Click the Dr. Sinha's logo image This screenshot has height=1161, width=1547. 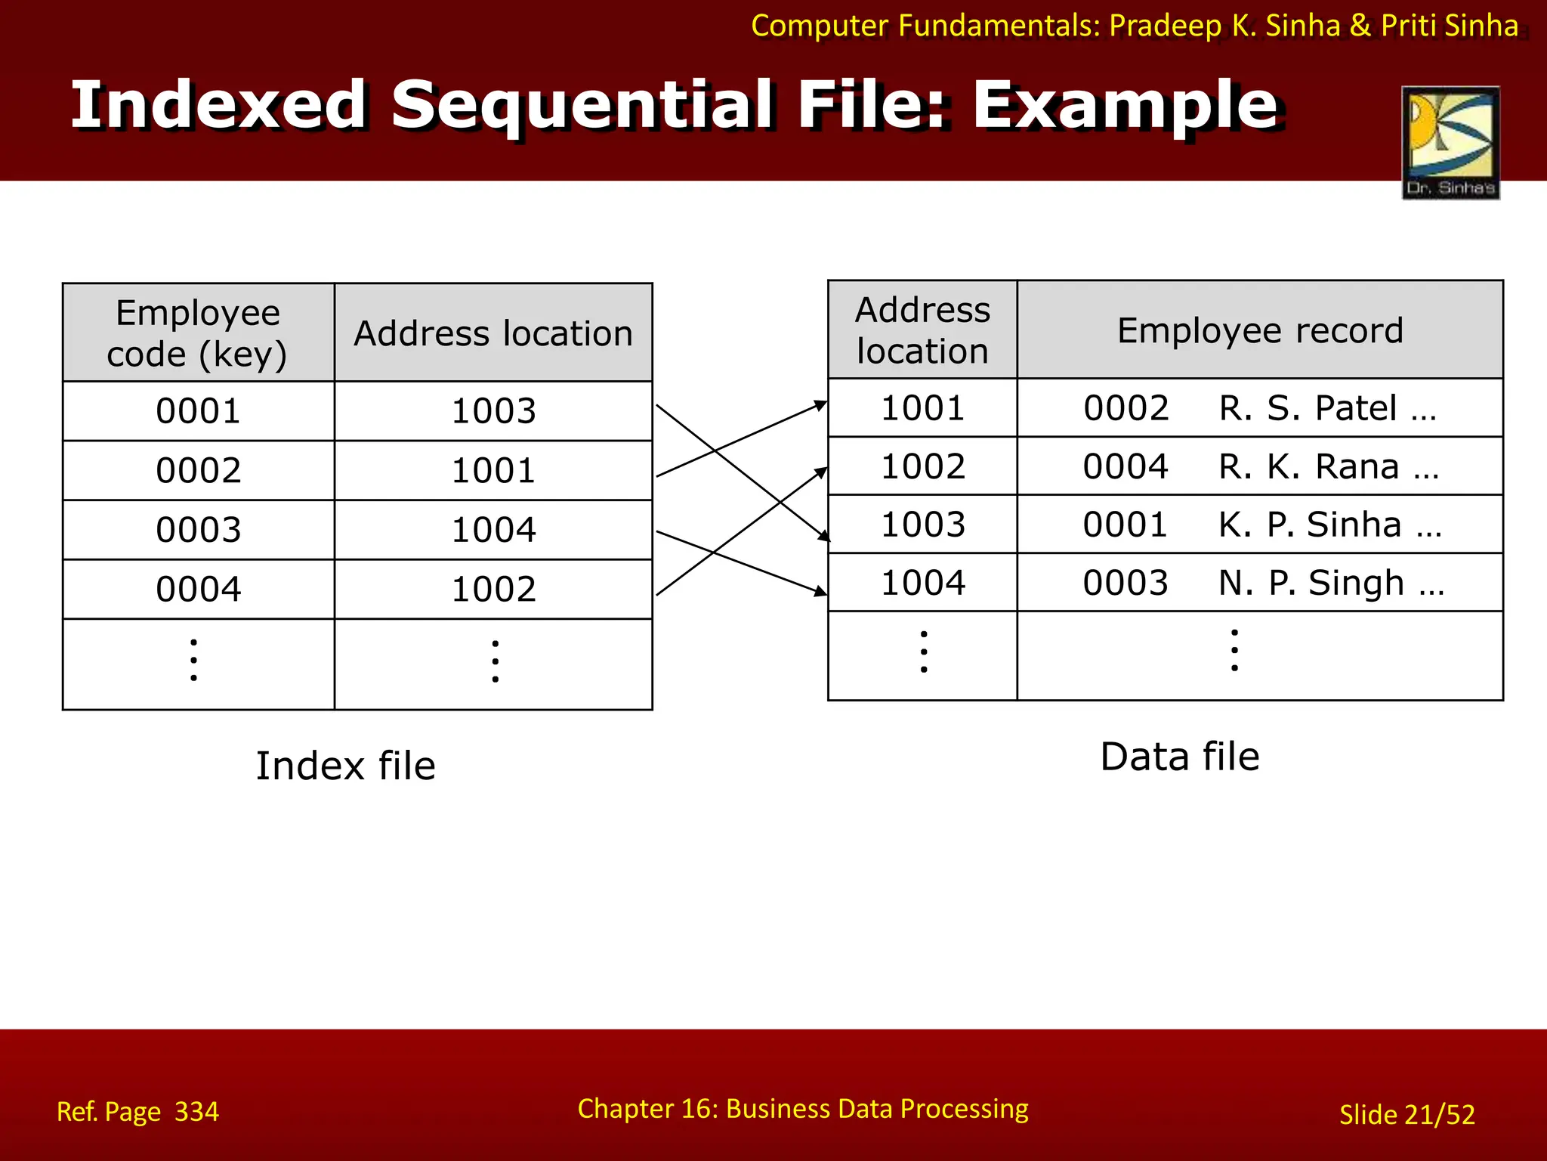click(1450, 142)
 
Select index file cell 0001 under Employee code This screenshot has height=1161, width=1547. click(198, 411)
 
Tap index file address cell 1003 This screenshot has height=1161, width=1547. click(493, 411)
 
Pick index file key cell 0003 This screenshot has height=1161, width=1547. click(198, 530)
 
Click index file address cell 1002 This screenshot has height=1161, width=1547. click(493, 589)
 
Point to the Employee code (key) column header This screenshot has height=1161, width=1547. click(198, 333)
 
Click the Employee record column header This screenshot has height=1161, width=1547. click(1259, 330)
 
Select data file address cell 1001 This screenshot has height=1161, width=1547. click(922, 408)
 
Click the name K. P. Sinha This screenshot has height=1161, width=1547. click(1329, 525)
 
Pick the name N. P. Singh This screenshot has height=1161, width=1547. click(1331, 583)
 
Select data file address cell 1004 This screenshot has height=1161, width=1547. click(922, 583)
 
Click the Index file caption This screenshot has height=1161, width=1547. click(345, 766)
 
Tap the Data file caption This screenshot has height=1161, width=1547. click(1179, 757)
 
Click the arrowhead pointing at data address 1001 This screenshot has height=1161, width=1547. click(821, 406)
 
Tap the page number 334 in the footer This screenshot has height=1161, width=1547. click(196, 1112)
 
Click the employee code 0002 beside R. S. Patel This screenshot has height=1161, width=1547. click(1126, 408)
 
